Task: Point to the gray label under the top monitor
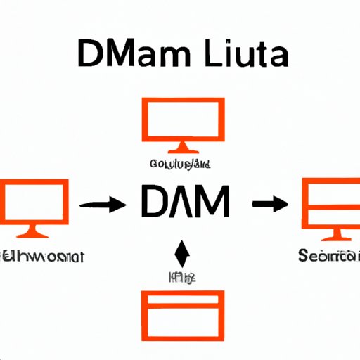tap(182, 164)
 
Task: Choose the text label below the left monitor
tap(42, 256)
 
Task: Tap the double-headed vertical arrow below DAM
tap(182, 254)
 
